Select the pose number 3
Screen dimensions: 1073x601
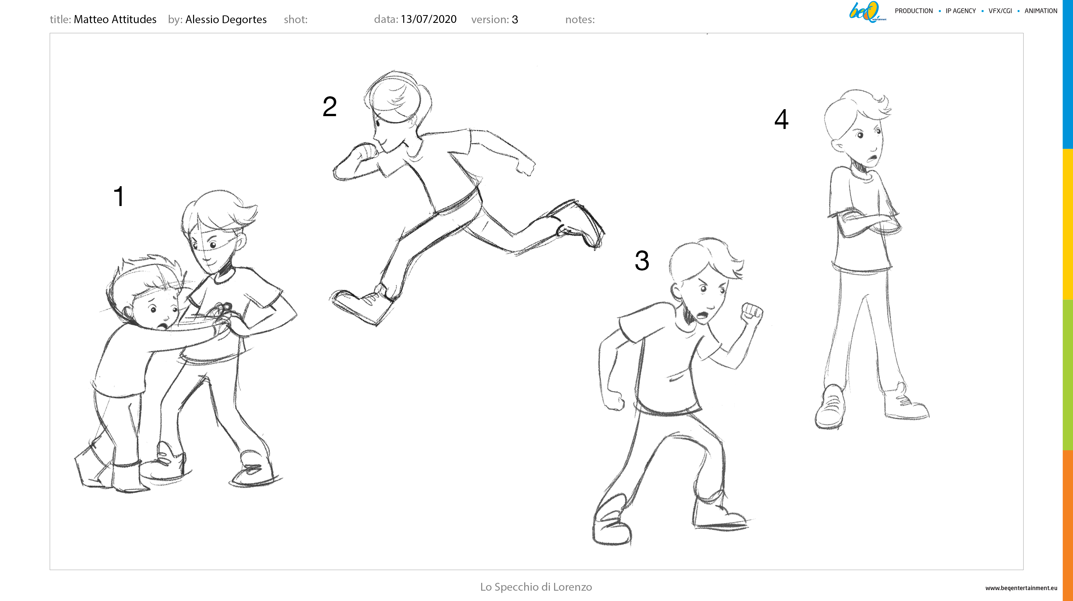[642, 260]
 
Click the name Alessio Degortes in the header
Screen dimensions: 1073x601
[226, 20]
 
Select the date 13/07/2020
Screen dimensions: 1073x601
[429, 19]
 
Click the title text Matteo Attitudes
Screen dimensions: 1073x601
[115, 19]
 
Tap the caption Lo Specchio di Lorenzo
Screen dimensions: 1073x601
[536, 587]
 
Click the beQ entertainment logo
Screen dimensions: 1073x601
[867, 12]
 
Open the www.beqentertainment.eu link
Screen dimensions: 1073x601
[1021, 588]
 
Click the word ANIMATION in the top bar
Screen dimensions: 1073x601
[1041, 11]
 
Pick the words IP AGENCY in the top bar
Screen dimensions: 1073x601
[961, 11]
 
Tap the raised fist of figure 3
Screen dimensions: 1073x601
[752, 313]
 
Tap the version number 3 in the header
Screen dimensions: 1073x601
[515, 20]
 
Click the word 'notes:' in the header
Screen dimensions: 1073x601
[580, 20]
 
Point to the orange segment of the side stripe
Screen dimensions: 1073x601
[1068, 525]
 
